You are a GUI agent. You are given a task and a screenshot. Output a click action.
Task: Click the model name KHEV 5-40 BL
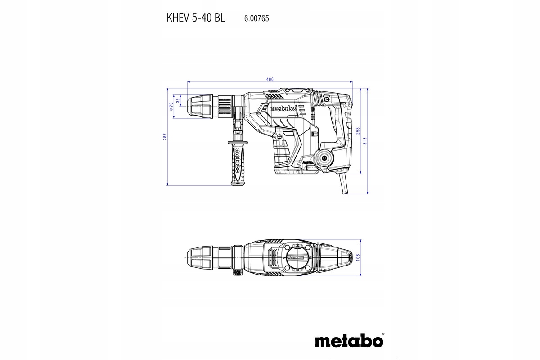pyautogui.click(x=196, y=18)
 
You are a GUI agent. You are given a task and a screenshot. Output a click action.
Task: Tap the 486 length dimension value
pyautogui.click(x=270, y=79)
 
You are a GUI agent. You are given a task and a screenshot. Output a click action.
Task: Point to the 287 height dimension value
pyautogui.click(x=165, y=136)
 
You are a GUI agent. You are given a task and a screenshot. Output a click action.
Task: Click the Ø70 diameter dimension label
pyautogui.click(x=171, y=107)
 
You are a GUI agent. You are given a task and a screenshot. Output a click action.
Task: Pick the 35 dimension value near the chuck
pyautogui.click(x=178, y=101)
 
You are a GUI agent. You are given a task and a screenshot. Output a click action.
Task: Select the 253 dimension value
pyautogui.click(x=358, y=130)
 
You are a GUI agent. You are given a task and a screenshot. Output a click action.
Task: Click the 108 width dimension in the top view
pyautogui.click(x=358, y=256)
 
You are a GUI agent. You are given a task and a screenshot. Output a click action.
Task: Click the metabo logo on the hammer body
pyautogui.click(x=283, y=108)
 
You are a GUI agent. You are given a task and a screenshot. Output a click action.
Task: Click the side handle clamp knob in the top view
pyautogui.click(x=237, y=272)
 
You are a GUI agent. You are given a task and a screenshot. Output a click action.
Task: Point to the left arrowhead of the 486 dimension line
pyautogui.click(x=189, y=82)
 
